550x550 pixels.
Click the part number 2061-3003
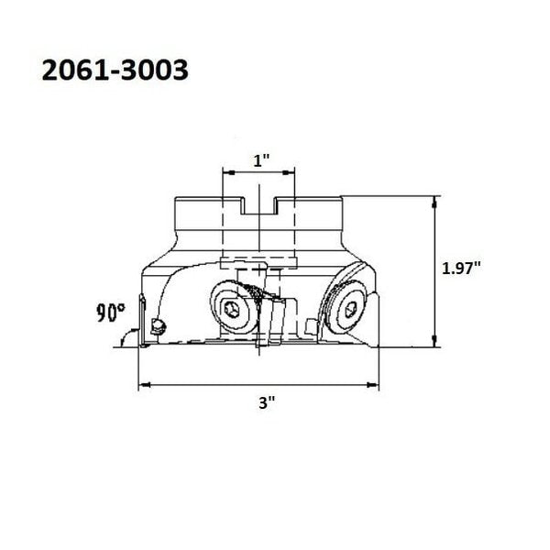pos(115,71)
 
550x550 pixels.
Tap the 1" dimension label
pos(261,160)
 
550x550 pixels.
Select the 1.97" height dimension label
pos(460,269)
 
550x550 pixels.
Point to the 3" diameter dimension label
pos(267,403)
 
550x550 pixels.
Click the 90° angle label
pos(111,313)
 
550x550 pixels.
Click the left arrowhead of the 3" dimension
pos(144,385)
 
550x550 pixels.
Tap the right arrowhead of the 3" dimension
pos(373,385)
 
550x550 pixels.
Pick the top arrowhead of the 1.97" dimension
pos(434,202)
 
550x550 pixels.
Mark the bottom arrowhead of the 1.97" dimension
pos(434,341)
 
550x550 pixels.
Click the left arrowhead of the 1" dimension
pos(229,172)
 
